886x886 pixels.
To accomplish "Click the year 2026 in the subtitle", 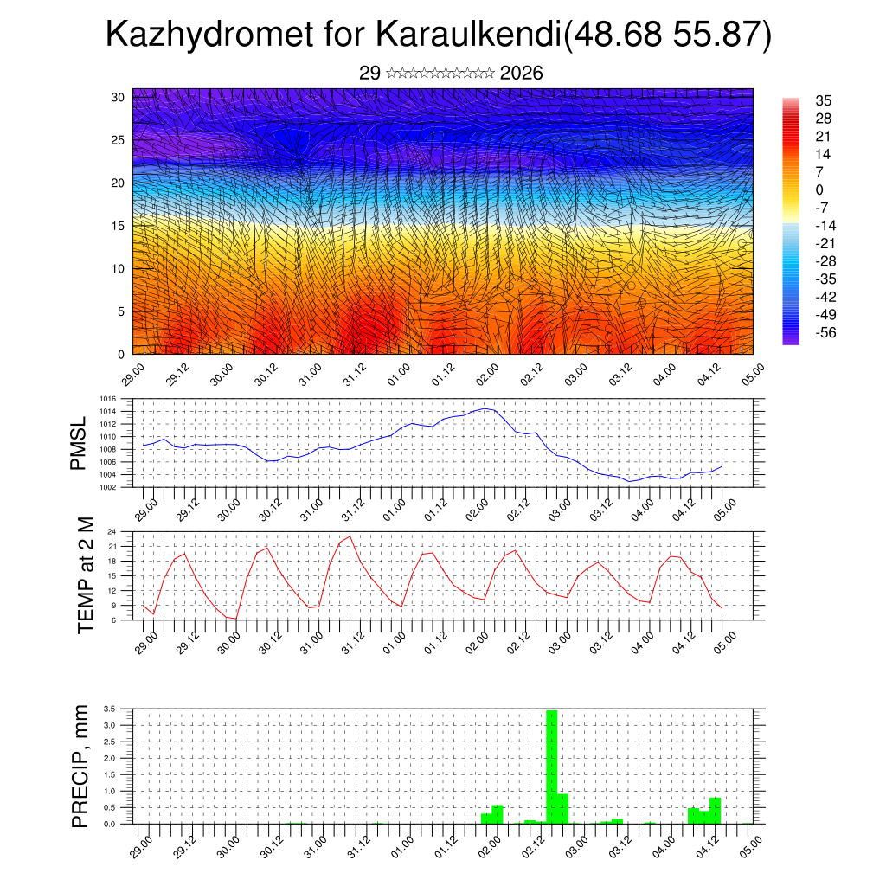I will tap(521, 74).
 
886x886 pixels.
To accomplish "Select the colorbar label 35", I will tap(823, 100).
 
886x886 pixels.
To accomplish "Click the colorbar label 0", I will tap(819, 189).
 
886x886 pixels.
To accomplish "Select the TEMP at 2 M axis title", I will tap(85, 575).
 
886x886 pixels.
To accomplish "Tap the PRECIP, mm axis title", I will tap(80, 765).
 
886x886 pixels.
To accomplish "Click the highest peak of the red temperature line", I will tap(350, 536).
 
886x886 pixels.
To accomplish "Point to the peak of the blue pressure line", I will tap(486, 408).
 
